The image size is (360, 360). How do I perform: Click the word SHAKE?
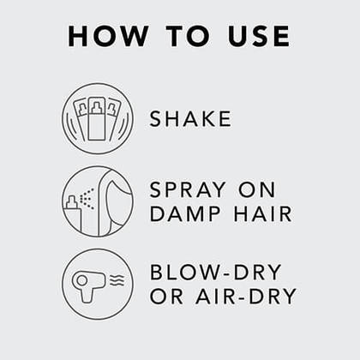(x=190, y=118)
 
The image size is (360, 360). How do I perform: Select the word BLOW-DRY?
(x=215, y=273)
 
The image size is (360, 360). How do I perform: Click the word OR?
(x=166, y=297)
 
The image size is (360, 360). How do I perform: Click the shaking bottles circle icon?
(x=98, y=118)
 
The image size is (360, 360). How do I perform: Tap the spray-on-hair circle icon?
(x=98, y=201)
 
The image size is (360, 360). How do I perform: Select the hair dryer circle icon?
(x=98, y=284)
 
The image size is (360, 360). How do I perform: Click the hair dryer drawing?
(x=88, y=284)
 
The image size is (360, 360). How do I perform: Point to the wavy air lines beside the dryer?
(x=117, y=280)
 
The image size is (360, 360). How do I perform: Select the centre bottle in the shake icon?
(x=97, y=120)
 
